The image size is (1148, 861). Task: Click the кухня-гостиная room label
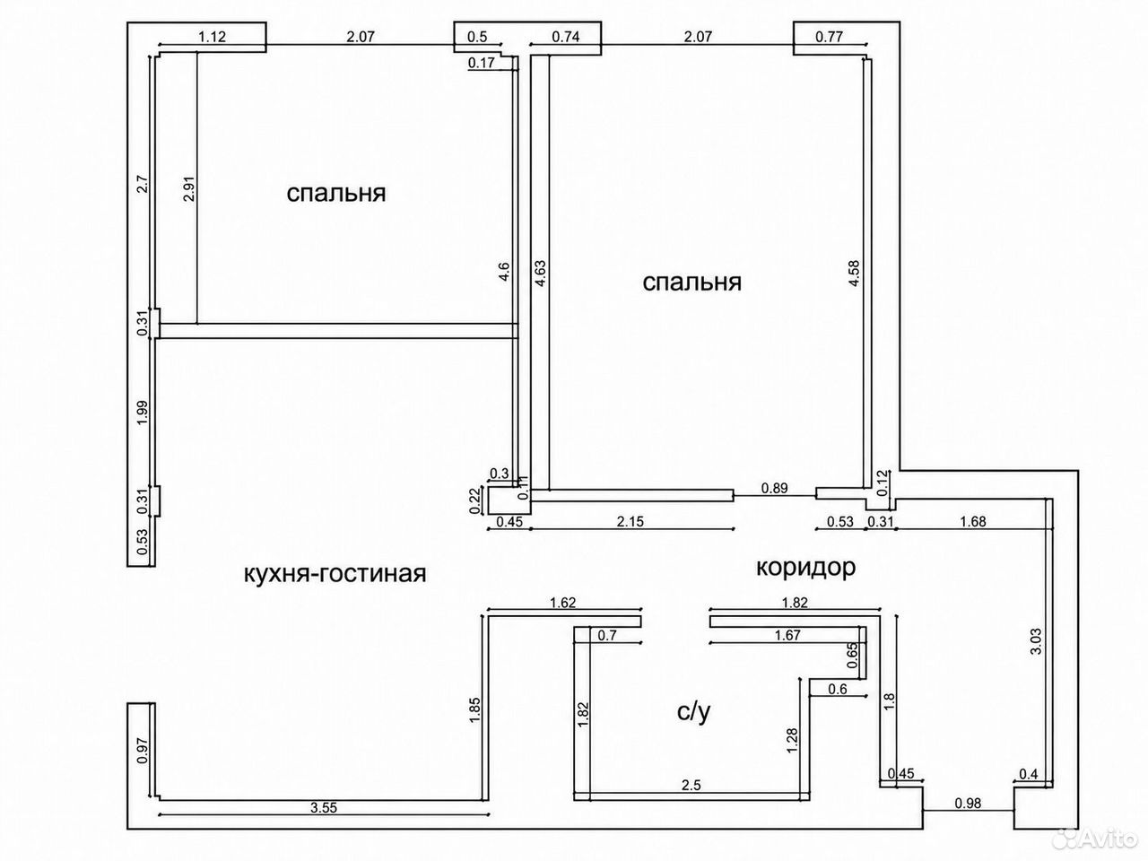click(x=335, y=574)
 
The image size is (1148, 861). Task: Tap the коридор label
click(x=806, y=568)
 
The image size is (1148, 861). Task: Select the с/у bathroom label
click(x=694, y=711)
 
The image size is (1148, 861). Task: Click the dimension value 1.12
click(x=213, y=37)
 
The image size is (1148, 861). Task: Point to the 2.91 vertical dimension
click(x=189, y=188)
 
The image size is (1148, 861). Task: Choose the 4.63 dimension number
click(x=540, y=273)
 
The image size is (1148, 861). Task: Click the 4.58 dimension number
click(x=854, y=273)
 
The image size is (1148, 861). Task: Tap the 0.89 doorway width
click(x=774, y=488)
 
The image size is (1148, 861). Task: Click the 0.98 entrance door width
click(x=968, y=803)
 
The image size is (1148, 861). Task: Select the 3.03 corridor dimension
click(x=1036, y=641)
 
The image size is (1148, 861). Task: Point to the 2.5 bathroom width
click(x=691, y=785)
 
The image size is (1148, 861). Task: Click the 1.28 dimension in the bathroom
click(x=792, y=740)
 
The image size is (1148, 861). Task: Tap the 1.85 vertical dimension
click(x=474, y=710)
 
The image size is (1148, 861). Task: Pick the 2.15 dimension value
click(x=631, y=521)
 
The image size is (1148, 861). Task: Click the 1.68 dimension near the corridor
click(x=973, y=521)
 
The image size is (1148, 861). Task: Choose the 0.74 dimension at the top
click(x=566, y=37)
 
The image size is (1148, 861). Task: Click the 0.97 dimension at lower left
click(x=143, y=751)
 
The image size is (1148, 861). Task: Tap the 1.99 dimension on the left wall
click(x=143, y=413)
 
